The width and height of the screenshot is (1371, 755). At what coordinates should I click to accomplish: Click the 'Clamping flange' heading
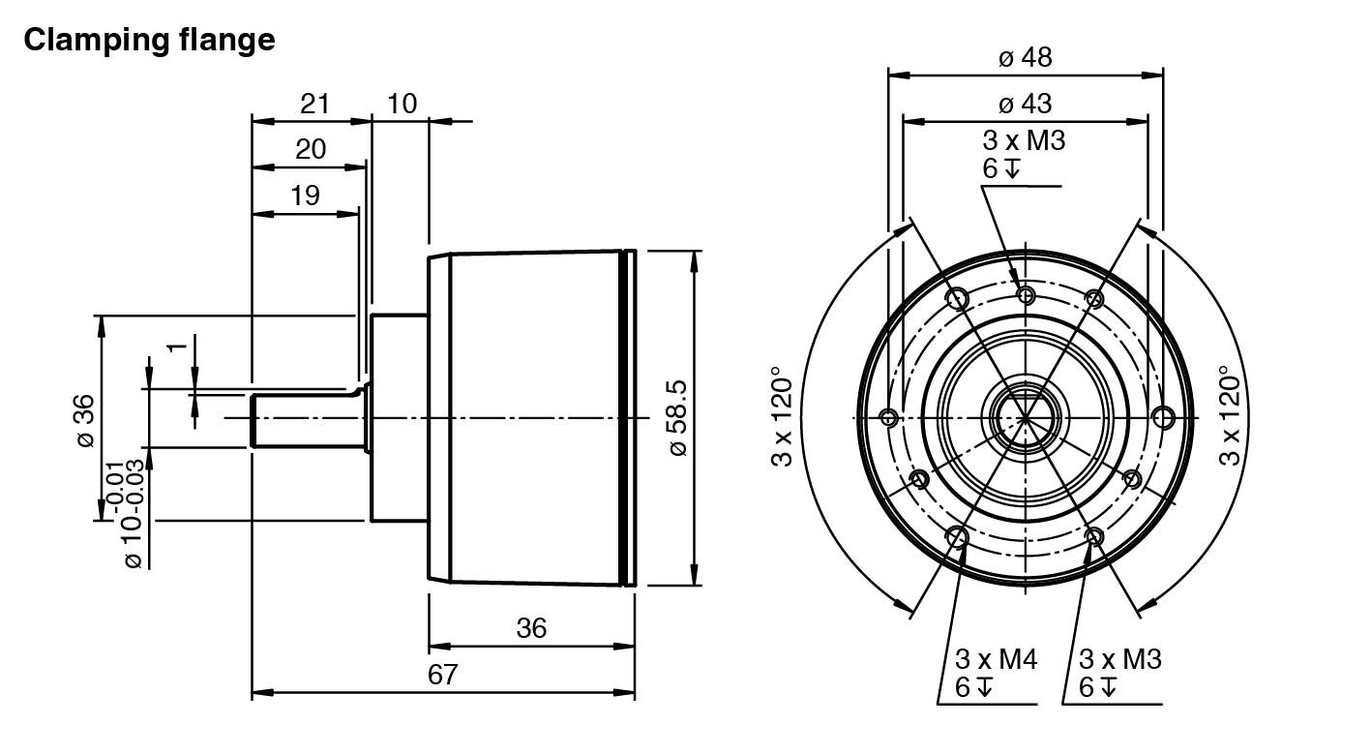[x=149, y=41]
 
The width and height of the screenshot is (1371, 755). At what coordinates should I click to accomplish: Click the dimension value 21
[x=315, y=104]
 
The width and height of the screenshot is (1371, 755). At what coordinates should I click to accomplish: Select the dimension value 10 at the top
[x=402, y=104]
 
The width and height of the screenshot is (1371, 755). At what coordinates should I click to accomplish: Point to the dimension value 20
[x=311, y=149]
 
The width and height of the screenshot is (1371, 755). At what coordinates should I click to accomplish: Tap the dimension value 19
[x=305, y=196]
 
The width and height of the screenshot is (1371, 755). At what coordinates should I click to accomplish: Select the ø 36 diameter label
[x=85, y=420]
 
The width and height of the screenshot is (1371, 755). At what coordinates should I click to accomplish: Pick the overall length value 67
[x=442, y=675]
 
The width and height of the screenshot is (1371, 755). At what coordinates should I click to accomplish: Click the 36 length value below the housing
[x=531, y=628]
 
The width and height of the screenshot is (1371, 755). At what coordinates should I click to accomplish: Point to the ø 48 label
[x=1025, y=58]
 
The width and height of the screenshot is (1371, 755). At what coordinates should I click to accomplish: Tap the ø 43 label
[x=1025, y=104]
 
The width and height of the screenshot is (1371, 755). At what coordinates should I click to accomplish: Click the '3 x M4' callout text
[x=996, y=660]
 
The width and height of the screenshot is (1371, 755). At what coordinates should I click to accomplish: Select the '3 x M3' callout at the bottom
[x=1119, y=660]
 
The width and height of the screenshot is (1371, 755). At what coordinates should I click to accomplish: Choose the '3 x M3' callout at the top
[x=1024, y=141]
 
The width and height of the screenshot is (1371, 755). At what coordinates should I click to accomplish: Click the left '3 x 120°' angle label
[x=782, y=416]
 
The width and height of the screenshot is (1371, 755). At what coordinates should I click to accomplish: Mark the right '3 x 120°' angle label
[x=1230, y=416]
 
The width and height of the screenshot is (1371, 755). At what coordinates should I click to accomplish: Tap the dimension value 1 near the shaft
[x=176, y=348]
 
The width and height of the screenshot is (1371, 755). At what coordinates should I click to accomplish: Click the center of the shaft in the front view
[x=1025, y=417]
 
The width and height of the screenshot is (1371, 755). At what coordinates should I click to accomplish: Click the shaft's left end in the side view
[x=253, y=419]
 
